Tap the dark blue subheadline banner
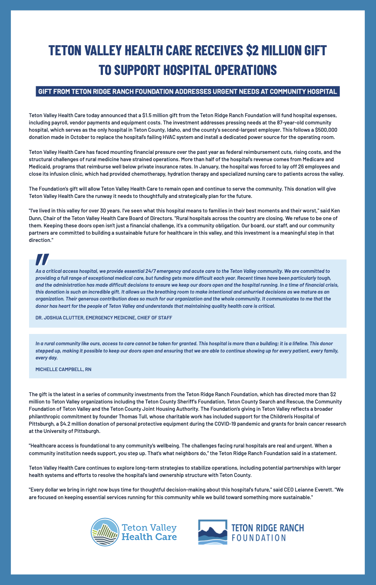(188, 91)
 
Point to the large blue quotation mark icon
(42, 259)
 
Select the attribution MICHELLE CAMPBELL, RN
(63, 369)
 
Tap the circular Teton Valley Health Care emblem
(104, 532)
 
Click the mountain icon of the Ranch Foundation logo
(212, 532)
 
